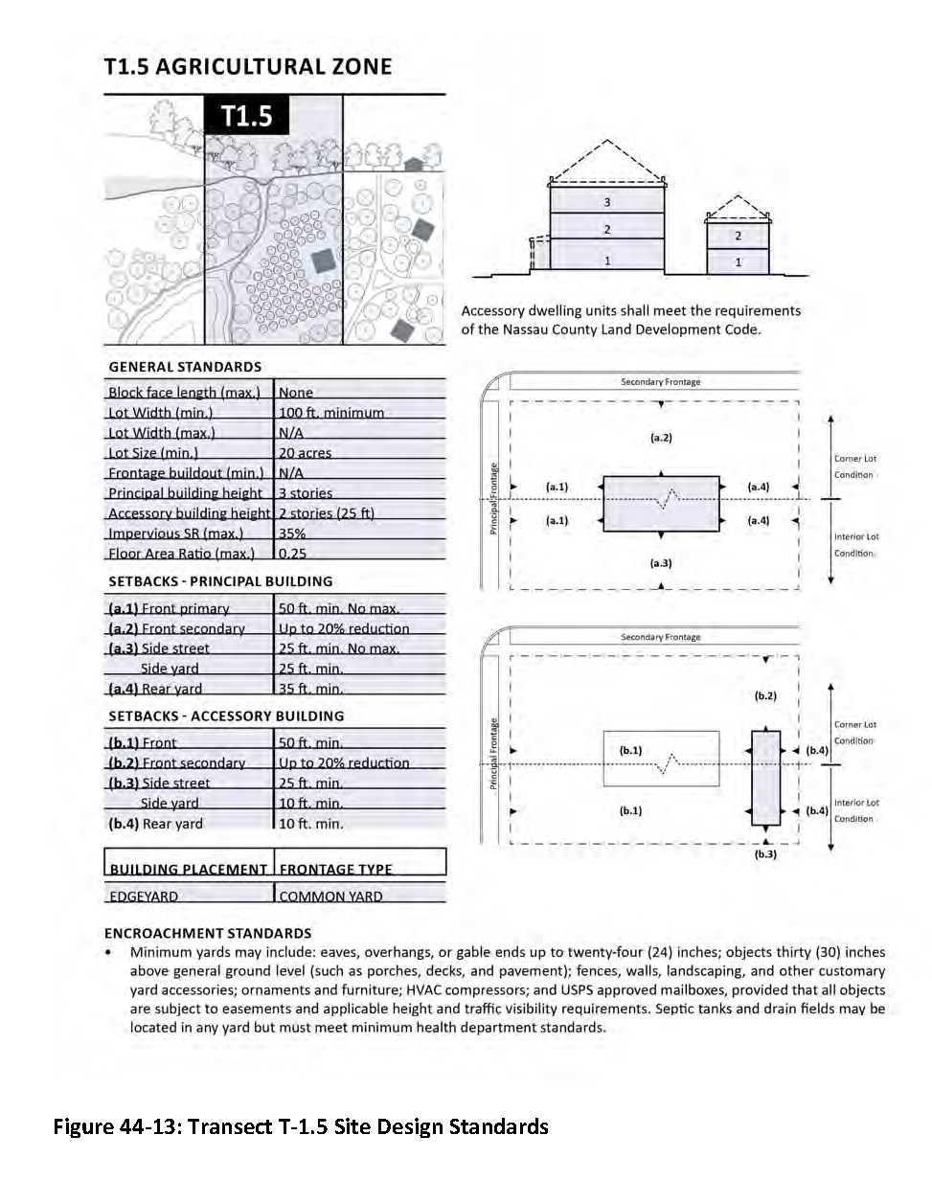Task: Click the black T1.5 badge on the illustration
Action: point(246,117)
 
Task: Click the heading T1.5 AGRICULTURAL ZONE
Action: point(248,67)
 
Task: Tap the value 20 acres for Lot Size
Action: point(305,453)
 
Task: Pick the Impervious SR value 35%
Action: point(292,534)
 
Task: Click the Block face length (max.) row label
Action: point(184,393)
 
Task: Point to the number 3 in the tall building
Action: point(606,203)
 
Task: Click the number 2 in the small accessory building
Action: point(738,236)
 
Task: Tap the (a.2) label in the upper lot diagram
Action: point(661,438)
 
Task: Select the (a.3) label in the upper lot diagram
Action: point(661,563)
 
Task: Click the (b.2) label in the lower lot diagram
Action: point(765,696)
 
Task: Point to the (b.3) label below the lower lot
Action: point(765,854)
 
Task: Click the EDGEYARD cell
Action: point(144,897)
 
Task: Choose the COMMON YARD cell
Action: point(330,897)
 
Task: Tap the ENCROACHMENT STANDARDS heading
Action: point(208,933)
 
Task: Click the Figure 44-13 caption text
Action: point(301,1126)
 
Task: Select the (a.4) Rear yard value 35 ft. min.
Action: point(310,689)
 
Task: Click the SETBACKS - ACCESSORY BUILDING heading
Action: point(226,715)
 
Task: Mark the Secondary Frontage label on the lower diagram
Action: point(661,637)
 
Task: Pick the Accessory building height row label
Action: point(190,513)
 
